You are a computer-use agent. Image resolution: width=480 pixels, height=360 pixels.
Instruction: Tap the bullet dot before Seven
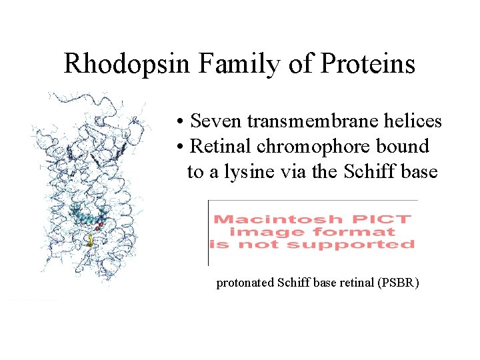pos(180,122)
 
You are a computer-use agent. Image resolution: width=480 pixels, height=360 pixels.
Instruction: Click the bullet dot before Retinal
pos(180,147)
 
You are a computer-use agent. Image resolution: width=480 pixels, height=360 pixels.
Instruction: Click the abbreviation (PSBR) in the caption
pos(398,283)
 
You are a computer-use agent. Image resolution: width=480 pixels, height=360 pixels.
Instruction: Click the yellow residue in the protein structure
pos(90,241)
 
